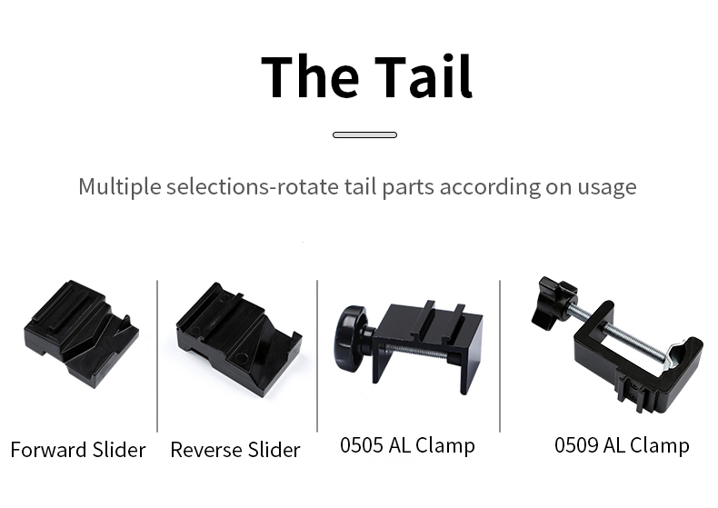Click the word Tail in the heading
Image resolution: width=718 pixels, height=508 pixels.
coord(424,76)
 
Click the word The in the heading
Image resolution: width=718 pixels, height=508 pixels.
coord(310,76)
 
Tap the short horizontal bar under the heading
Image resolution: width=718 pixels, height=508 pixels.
coord(364,134)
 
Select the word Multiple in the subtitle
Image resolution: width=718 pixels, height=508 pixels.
coord(120,187)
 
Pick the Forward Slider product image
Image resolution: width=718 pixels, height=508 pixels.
coord(81,334)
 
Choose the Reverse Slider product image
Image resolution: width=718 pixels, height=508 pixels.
coord(238,339)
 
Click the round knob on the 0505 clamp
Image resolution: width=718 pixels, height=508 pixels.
coord(351,338)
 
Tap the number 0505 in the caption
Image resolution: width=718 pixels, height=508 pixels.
coord(362,445)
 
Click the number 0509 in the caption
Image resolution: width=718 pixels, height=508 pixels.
coord(575,445)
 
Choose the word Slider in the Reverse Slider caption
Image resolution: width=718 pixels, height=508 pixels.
coord(274,450)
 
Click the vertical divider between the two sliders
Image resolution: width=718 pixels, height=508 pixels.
coord(157,356)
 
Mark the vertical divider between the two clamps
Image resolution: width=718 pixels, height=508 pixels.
coord(500,356)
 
